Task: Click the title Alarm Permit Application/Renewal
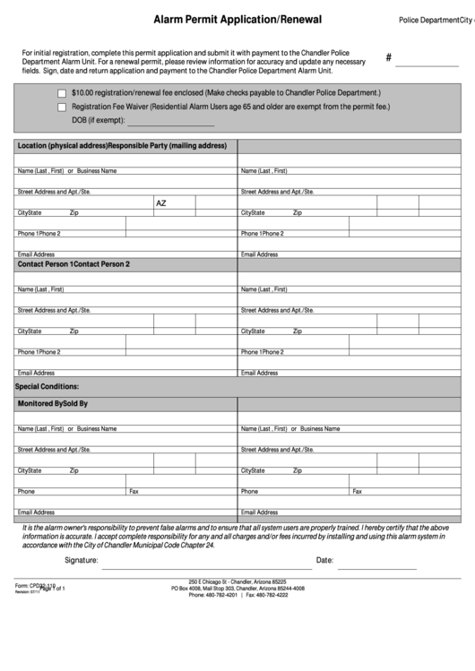[237, 19]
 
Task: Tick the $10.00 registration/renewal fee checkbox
[61, 93]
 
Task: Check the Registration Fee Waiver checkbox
[61, 107]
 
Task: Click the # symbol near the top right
[389, 58]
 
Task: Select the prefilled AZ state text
[161, 203]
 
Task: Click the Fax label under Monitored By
[134, 491]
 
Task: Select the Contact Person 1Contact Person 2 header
[73, 264]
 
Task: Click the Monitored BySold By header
[53, 404]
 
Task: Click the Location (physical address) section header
[62, 145]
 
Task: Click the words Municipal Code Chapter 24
[171, 545]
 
